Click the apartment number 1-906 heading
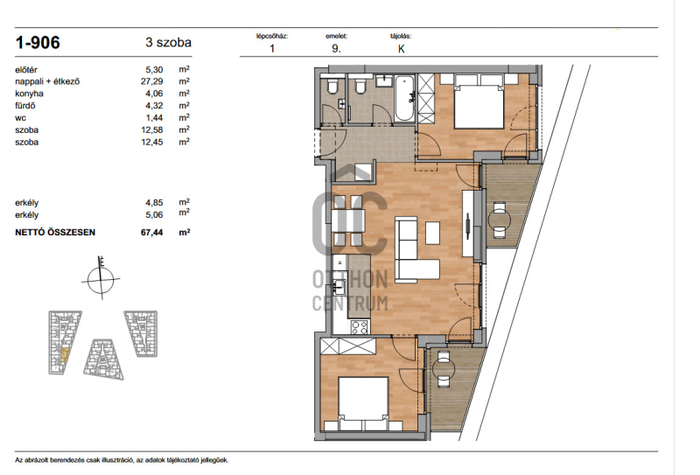38,42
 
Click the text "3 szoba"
168,42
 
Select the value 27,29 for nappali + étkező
151,81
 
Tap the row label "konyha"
29,94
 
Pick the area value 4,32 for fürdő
154,105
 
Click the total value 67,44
151,232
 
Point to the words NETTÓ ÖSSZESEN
55,232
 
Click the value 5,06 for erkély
154,214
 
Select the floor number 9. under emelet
336,49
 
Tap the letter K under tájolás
401,49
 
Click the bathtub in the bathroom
404,99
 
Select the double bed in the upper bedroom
479,102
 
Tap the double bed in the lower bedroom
362,403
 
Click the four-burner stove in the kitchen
360,327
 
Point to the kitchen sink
339,287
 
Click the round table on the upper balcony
499,220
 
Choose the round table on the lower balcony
444,369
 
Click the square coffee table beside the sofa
432,233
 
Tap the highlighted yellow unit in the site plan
65,354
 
